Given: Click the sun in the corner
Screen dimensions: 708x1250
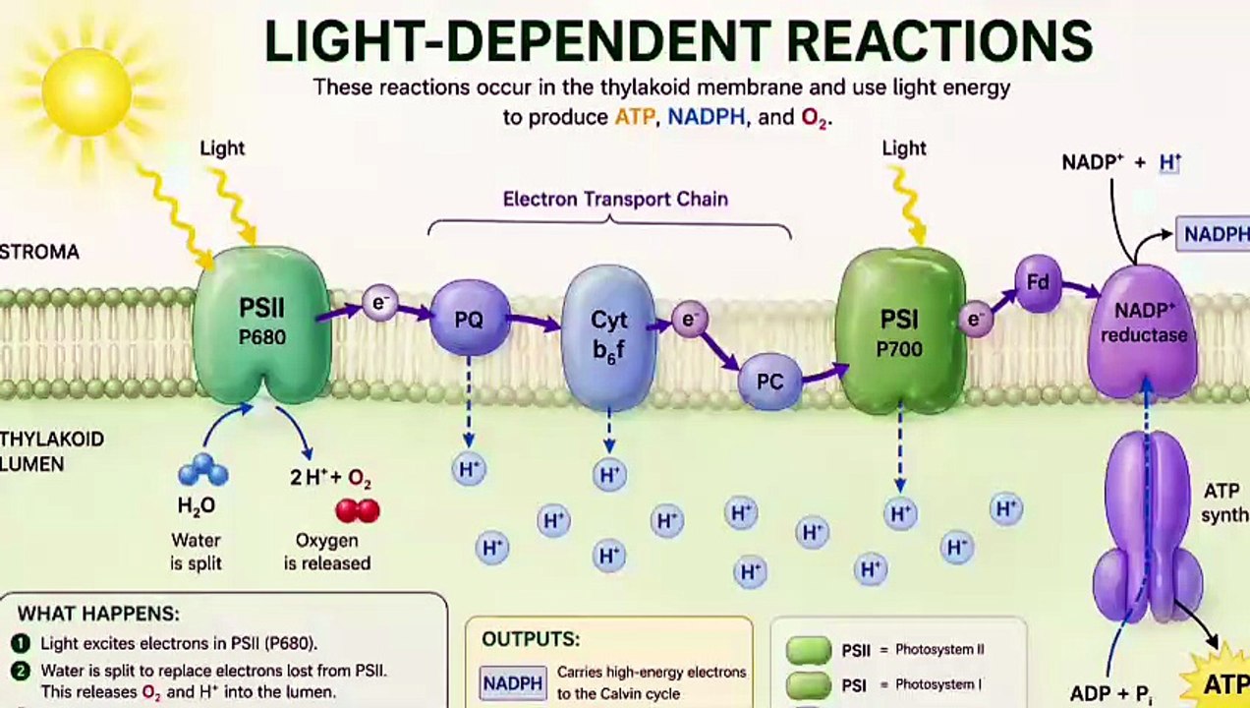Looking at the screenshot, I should pos(86,90).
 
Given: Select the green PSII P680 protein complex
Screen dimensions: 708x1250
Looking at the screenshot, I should pos(261,323).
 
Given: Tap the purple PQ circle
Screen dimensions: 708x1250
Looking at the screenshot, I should pos(470,319).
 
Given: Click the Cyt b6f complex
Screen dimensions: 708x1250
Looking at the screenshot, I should pos(608,335).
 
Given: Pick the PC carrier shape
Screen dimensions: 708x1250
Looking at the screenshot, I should pos(769,381).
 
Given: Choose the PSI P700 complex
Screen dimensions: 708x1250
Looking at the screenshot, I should pos(899,330).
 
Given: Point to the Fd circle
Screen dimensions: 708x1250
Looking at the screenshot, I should pos(1038,283).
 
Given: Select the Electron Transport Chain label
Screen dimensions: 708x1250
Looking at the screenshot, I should pos(615,199).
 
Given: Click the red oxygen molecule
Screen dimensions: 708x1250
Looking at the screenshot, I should pos(357,510).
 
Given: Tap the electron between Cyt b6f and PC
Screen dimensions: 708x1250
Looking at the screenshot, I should pos(689,320).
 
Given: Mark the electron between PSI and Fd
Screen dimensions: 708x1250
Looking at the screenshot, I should pos(975,319).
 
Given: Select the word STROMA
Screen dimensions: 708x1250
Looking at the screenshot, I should pos(39,253).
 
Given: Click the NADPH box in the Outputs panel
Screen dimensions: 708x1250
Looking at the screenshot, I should pos(513,682).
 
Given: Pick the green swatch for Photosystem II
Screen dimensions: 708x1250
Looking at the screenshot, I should pos(809,650).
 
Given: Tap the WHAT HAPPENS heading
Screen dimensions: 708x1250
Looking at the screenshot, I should pos(98,614).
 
